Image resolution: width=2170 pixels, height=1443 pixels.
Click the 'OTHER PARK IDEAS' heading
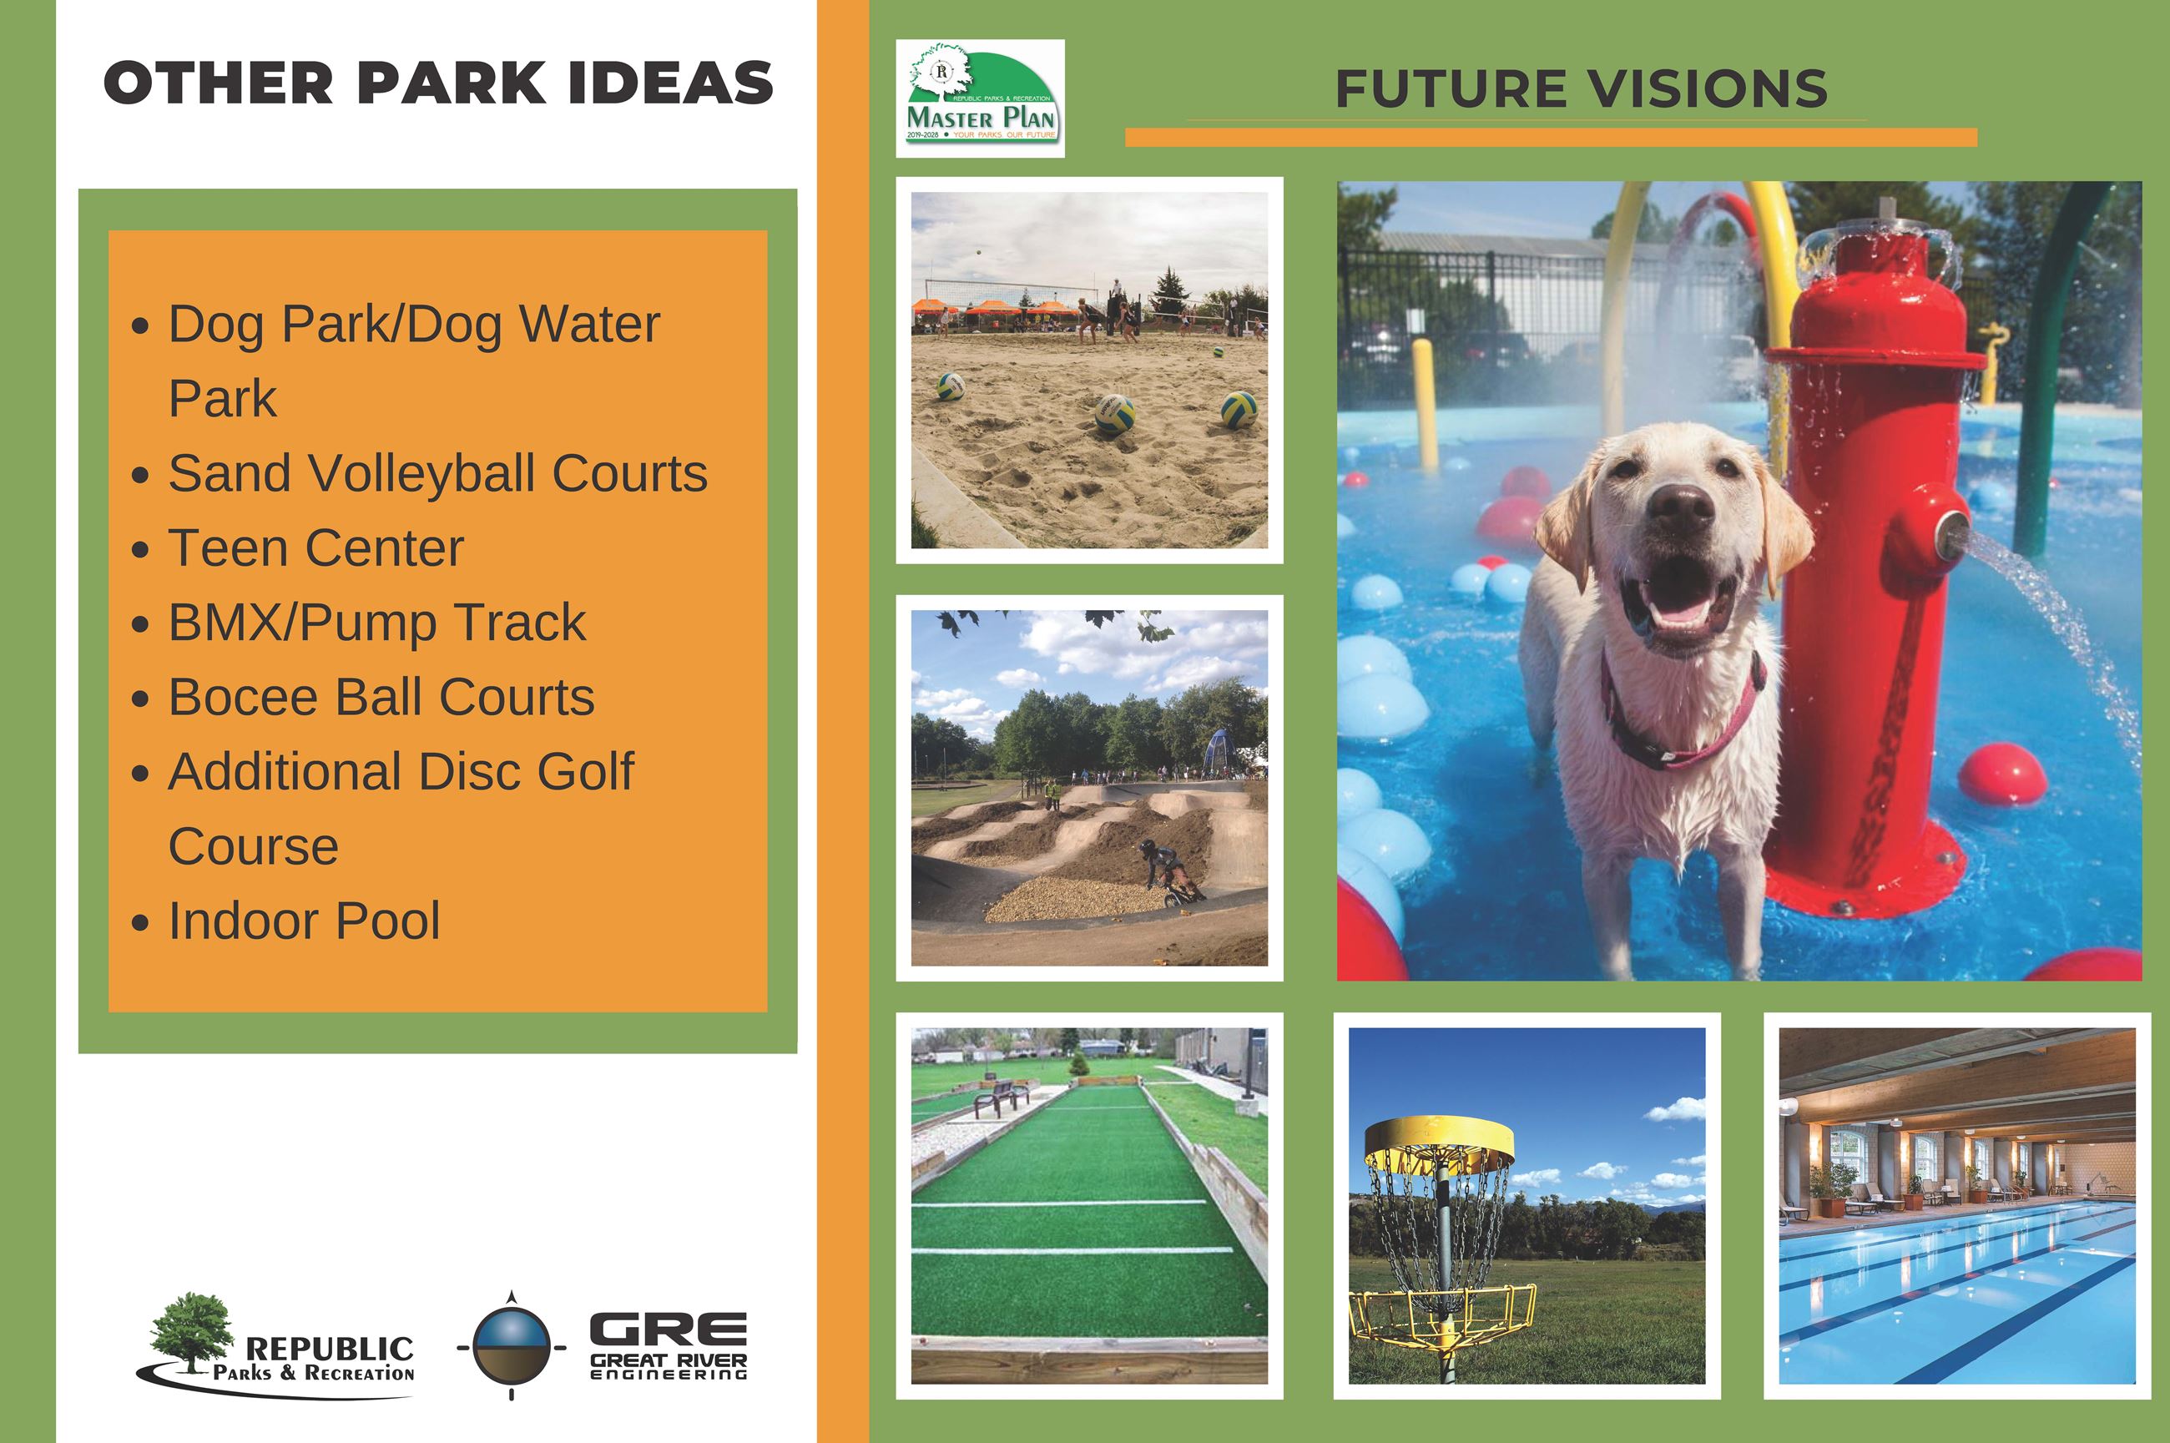tap(438, 83)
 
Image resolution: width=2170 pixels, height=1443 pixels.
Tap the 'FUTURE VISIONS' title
tap(1581, 89)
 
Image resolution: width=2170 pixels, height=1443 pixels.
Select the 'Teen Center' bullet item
tap(315, 548)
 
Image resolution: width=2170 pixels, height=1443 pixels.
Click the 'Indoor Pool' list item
tap(304, 921)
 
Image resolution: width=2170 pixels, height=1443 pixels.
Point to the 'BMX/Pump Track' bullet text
tap(376, 623)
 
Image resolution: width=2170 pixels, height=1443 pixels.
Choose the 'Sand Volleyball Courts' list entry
tap(437, 474)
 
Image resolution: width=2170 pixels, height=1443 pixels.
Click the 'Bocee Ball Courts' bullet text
tap(381, 698)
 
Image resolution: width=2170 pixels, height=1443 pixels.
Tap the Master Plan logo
tap(980, 98)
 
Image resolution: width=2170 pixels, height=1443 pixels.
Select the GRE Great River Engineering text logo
tap(669, 1346)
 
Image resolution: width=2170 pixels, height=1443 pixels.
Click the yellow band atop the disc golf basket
tap(1438, 1139)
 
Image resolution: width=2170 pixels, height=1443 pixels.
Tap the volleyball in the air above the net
tap(977, 252)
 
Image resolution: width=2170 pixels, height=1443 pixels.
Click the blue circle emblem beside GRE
tap(512, 1345)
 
